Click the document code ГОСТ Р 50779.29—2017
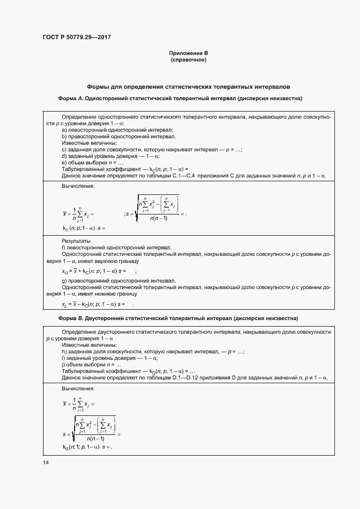[x=80, y=38]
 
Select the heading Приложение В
[x=188, y=53]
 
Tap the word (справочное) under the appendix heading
[x=188, y=59]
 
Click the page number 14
[x=45, y=462]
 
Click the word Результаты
[x=76, y=241]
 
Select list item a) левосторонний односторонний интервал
[x=117, y=130]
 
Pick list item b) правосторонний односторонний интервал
[x=118, y=137]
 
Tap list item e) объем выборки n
[x=93, y=163]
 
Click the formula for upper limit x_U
[x=94, y=271]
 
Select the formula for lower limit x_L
[x=93, y=304]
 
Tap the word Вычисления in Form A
[x=78, y=186]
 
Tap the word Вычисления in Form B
[x=78, y=389]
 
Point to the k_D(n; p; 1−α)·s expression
[x=87, y=447]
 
